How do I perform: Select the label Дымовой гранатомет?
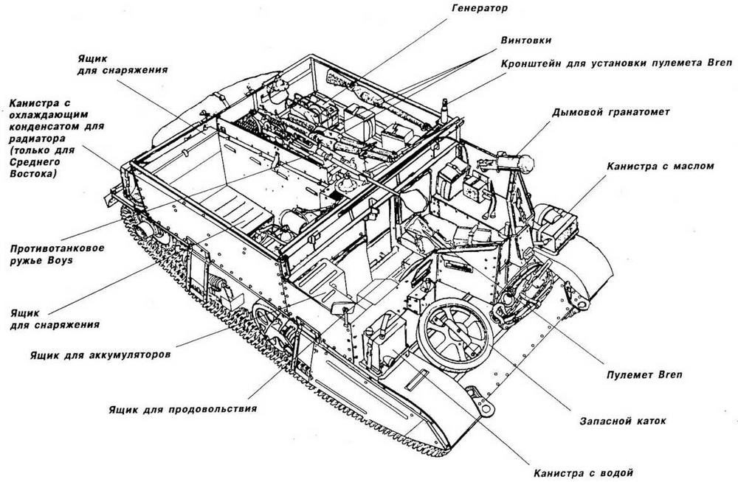coord(610,113)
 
